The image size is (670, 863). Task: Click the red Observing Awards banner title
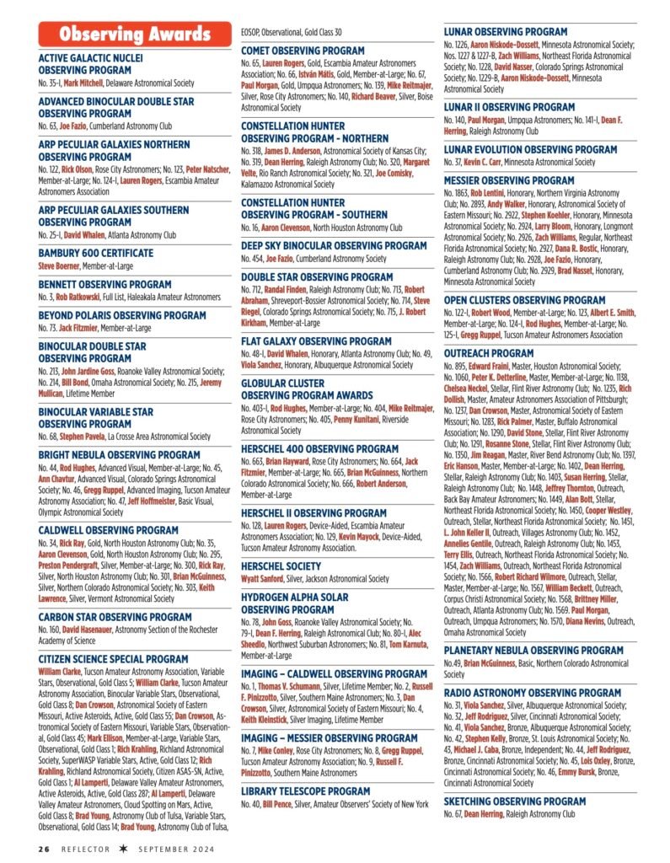tap(134, 34)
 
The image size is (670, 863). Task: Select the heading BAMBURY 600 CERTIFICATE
tap(96, 253)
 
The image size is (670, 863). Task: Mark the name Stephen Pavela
tap(82, 437)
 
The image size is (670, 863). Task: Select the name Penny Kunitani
tap(356, 419)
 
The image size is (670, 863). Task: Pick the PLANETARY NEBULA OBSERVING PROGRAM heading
tap(545, 650)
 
